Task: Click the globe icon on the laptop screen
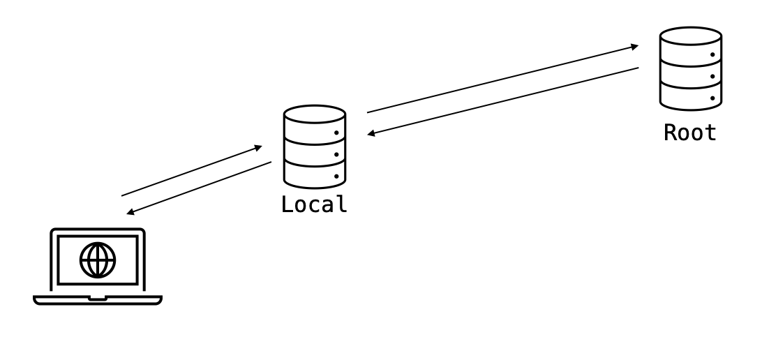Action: pyautogui.click(x=98, y=260)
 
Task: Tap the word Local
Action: pyautogui.click(x=313, y=204)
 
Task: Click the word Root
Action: pyautogui.click(x=689, y=133)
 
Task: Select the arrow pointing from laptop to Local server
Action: pyautogui.click(x=192, y=171)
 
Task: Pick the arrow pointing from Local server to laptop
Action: pyautogui.click(x=199, y=188)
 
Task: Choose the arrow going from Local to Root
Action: pyautogui.click(x=502, y=79)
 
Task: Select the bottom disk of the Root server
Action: pyautogui.click(x=691, y=96)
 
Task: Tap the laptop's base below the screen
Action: pyautogui.click(x=98, y=299)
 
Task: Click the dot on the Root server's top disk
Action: pyautogui.click(x=712, y=54)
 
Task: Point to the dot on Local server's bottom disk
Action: pyautogui.click(x=336, y=177)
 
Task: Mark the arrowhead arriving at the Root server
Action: pyautogui.click(x=634, y=47)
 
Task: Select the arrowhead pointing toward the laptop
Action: pyautogui.click(x=130, y=212)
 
